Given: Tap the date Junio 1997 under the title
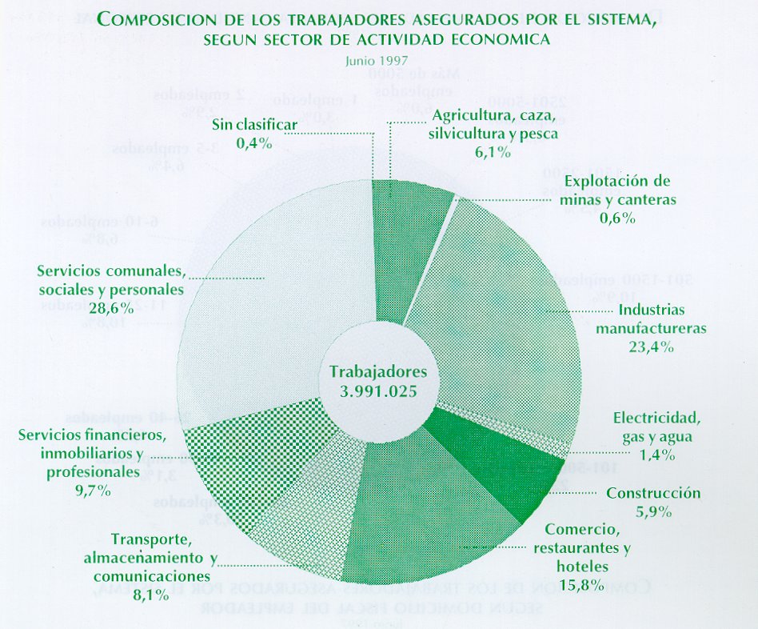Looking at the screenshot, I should point(378,59).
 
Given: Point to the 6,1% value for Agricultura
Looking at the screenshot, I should point(492,153).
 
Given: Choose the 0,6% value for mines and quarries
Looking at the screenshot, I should point(616,218).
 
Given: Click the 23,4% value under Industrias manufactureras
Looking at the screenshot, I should point(651,347).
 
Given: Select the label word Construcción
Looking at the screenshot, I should point(652,493).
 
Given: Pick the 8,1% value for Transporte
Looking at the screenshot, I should point(150,595).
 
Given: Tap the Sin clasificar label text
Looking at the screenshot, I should point(255,125).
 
